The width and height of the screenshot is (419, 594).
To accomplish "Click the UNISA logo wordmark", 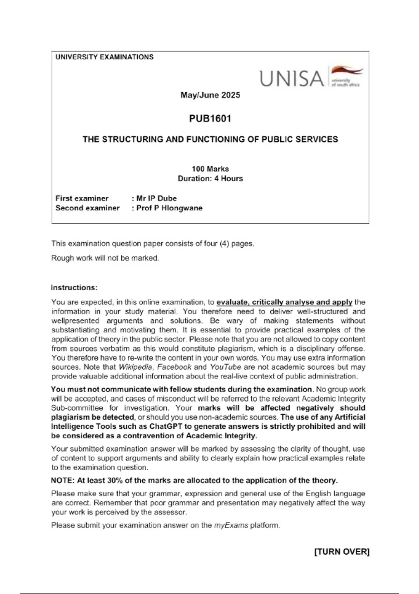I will coord(292,78).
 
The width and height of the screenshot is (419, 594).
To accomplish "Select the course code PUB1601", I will coord(210,119).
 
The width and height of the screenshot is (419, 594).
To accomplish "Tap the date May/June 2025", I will coord(210,95).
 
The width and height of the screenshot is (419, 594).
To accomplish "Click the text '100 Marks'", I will coord(210,169).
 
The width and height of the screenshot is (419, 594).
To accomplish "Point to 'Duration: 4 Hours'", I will coord(210,179).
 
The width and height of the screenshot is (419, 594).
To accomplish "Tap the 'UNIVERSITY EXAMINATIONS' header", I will coord(104,57).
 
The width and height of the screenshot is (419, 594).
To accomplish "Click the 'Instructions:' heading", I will coord(74,288).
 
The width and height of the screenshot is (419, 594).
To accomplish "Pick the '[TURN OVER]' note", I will coord(342,552).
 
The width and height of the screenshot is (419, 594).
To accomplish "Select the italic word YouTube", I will coord(225,367).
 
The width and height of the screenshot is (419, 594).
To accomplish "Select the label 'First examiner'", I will coord(82,198).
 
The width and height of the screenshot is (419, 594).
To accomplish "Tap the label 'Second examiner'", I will coord(87,208).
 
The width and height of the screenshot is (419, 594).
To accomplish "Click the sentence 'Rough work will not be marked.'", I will coord(105,258).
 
